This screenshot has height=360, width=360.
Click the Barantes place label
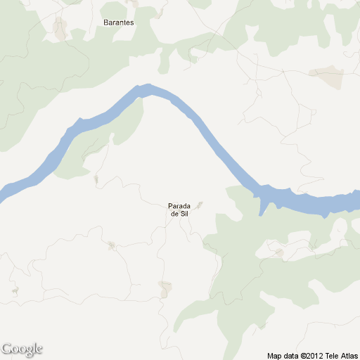coord(118,22)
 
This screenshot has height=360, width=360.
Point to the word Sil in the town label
coord(184,214)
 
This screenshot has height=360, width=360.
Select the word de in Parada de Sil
coord(174,214)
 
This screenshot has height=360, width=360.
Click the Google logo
coord(22,349)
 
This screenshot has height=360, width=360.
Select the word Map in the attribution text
coord(274,356)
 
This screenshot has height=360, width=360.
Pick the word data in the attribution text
coord(290,356)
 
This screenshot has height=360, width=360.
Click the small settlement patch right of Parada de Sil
coord(200,205)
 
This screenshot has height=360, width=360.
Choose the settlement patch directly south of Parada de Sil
coord(165,288)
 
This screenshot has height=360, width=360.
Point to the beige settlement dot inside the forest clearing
coord(279,252)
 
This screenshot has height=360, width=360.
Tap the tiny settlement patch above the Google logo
coord(13,290)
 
